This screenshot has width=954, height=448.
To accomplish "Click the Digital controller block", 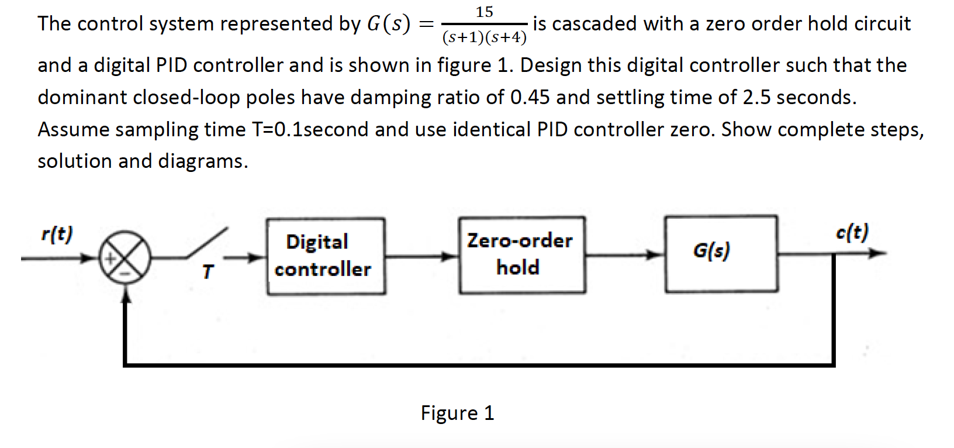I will [x=326, y=256].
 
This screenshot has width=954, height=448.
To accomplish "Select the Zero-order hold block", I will [x=521, y=255].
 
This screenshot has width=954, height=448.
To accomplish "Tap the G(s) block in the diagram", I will [x=721, y=253].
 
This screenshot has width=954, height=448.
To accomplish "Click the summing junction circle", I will [x=125, y=257].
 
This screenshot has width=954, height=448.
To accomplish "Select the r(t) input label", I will [x=57, y=234].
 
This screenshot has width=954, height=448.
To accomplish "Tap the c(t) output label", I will [x=852, y=232].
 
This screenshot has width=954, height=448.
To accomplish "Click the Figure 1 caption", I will [x=457, y=413].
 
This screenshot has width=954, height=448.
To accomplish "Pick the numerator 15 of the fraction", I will [x=484, y=12].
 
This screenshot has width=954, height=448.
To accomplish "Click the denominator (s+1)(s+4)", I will [x=484, y=38].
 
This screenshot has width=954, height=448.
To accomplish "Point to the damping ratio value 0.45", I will [x=530, y=97].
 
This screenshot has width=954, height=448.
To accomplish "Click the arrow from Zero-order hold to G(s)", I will [x=624, y=254].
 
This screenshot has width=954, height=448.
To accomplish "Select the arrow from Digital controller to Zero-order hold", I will [x=421, y=256].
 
